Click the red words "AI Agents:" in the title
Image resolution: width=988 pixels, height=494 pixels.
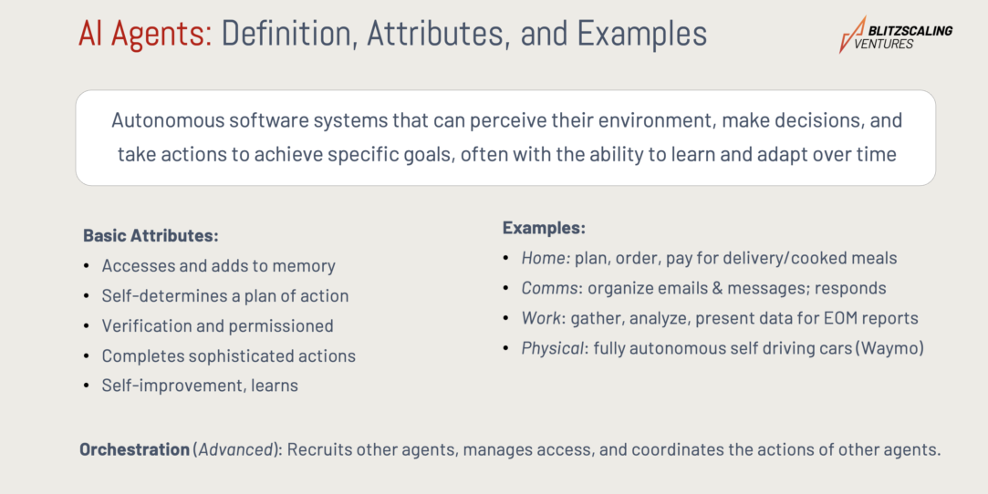pos(146,34)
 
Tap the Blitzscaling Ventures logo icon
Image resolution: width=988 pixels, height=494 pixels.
pos(853,35)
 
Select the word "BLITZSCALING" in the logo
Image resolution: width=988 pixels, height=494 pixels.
pos(910,30)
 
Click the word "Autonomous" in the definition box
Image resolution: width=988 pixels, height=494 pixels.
pos(168,119)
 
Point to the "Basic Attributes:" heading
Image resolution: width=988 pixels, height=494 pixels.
pos(151,235)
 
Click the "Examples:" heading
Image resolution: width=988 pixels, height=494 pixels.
pos(544,228)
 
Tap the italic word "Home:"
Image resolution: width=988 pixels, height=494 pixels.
pos(546,258)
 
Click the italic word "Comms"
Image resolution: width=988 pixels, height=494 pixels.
pos(549,288)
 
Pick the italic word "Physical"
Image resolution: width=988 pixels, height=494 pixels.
pos(553,349)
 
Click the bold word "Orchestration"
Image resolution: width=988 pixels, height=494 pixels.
pos(134,449)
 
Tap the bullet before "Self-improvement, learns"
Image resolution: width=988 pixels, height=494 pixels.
pos(87,386)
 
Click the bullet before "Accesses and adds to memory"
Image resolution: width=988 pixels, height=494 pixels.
pos(87,265)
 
